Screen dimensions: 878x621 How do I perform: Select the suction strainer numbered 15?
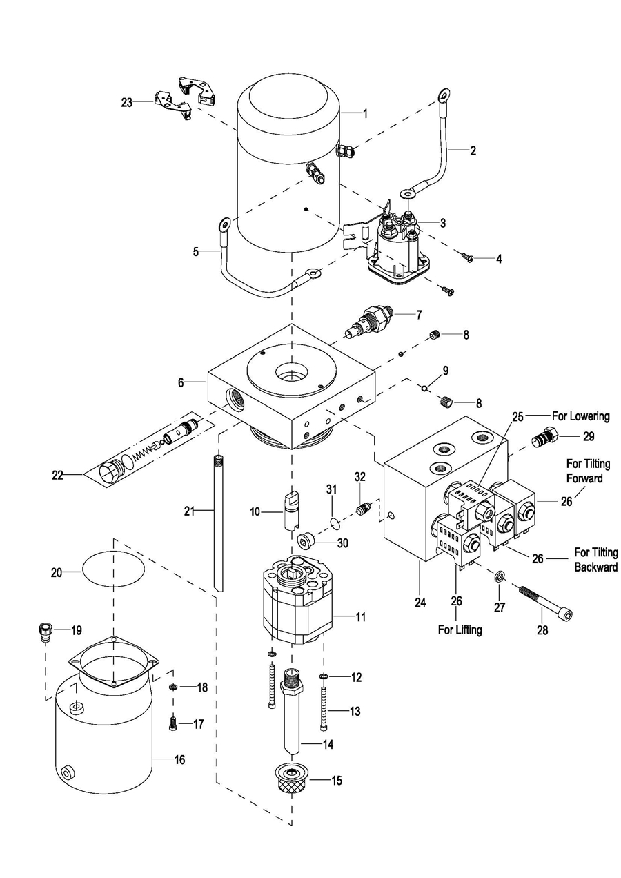pyautogui.click(x=290, y=780)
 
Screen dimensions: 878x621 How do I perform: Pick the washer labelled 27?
pyautogui.click(x=497, y=575)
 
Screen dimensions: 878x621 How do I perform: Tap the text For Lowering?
pyautogui.click(x=580, y=416)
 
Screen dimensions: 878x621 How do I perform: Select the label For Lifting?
pyautogui.click(x=460, y=630)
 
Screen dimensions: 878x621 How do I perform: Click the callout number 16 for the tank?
pyautogui.click(x=179, y=760)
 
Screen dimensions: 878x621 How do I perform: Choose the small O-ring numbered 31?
pyautogui.click(x=335, y=521)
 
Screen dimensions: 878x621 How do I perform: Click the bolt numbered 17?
pyautogui.click(x=174, y=723)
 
